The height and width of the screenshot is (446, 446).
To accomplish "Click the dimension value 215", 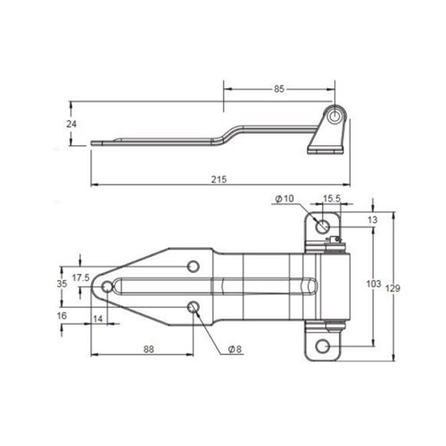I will [x=219, y=178].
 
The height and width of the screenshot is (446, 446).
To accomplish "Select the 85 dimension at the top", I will [x=279, y=88].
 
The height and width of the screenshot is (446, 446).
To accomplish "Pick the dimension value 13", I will [x=372, y=219].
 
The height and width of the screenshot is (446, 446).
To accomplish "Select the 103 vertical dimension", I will [x=375, y=284].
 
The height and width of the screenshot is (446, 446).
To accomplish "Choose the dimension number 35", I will [x=62, y=284].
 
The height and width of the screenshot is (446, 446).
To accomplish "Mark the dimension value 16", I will [x=62, y=316].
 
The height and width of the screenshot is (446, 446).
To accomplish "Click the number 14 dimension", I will [x=97, y=318].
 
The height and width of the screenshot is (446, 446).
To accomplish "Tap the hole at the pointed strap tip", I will [x=108, y=286].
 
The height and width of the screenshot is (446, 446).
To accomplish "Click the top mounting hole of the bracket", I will [x=321, y=224].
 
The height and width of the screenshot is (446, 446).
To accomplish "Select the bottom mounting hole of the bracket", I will [x=323, y=344].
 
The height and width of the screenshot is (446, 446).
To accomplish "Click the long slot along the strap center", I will [x=214, y=286].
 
